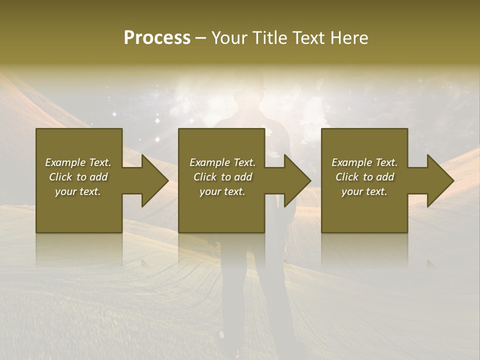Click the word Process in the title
tap(157, 38)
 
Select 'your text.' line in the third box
tap(364, 191)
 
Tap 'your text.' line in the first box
tap(78, 191)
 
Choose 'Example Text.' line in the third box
tap(364, 162)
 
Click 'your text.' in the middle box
tap(222, 191)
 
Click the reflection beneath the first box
tap(79, 250)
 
